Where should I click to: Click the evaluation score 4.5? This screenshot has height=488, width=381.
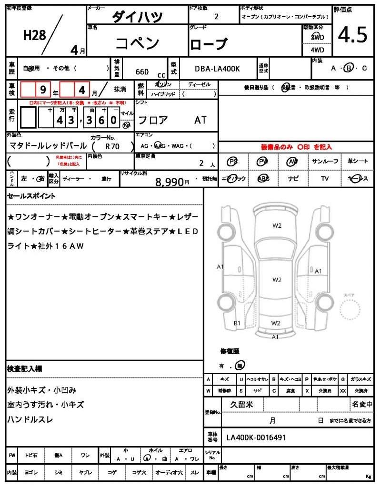(353, 35)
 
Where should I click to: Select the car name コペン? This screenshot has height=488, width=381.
(137, 43)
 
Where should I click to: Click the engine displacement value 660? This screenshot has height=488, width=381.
(142, 72)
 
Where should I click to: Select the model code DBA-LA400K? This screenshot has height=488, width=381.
(217, 69)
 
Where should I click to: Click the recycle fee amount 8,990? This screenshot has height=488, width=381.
(169, 181)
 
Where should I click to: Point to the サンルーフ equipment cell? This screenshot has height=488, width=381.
(325, 162)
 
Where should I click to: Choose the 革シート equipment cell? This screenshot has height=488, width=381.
(358, 162)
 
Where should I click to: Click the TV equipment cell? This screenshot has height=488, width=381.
(325, 179)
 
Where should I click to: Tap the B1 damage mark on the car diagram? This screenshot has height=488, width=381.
(236, 323)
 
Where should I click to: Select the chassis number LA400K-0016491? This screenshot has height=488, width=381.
(256, 437)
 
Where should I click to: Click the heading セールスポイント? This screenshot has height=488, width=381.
(31, 196)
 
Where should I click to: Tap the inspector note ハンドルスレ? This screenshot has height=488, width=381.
(30, 419)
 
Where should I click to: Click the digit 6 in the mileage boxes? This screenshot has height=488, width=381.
(101, 120)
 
